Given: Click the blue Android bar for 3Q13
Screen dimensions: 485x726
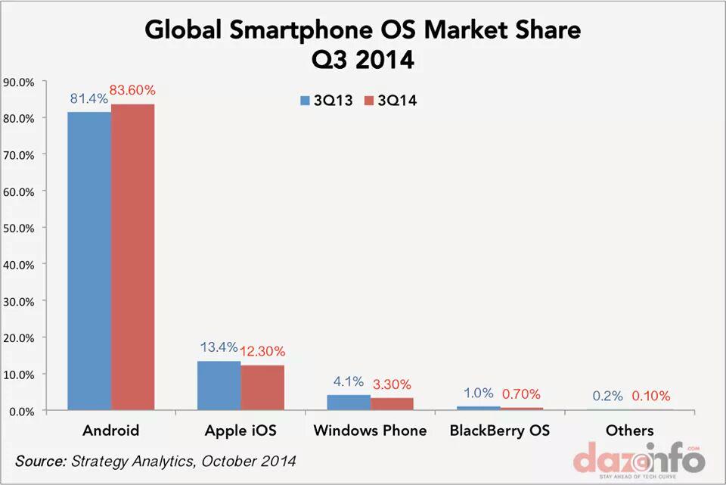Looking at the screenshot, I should (89, 261).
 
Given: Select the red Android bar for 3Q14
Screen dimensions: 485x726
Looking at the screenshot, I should (132, 257).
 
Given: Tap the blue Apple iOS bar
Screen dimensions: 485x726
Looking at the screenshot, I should (219, 386).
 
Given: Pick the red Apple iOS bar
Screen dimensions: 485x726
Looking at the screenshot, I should (262, 388).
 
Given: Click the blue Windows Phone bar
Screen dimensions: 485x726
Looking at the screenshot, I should (349, 403).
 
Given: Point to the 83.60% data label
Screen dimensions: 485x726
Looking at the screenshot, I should (132, 91).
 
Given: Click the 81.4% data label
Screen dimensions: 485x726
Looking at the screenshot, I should (88, 99).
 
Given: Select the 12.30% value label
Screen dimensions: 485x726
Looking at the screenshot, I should (262, 352).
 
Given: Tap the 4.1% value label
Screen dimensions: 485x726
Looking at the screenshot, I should (349, 382).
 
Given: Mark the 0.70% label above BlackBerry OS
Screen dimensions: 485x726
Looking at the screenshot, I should (521, 394).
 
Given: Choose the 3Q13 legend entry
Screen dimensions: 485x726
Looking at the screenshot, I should (327, 101).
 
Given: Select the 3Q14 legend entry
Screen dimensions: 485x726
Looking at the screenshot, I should (390, 101).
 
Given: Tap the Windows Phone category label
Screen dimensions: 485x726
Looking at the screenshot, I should (370, 431).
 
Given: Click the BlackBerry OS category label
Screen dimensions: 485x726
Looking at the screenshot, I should (499, 431).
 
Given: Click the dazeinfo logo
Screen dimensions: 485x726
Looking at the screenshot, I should (638, 459).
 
